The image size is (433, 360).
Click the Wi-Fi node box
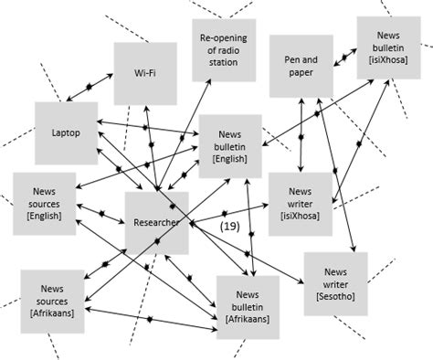point(144,71)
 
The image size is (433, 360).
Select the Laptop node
point(66,132)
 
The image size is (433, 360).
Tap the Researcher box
point(156,222)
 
